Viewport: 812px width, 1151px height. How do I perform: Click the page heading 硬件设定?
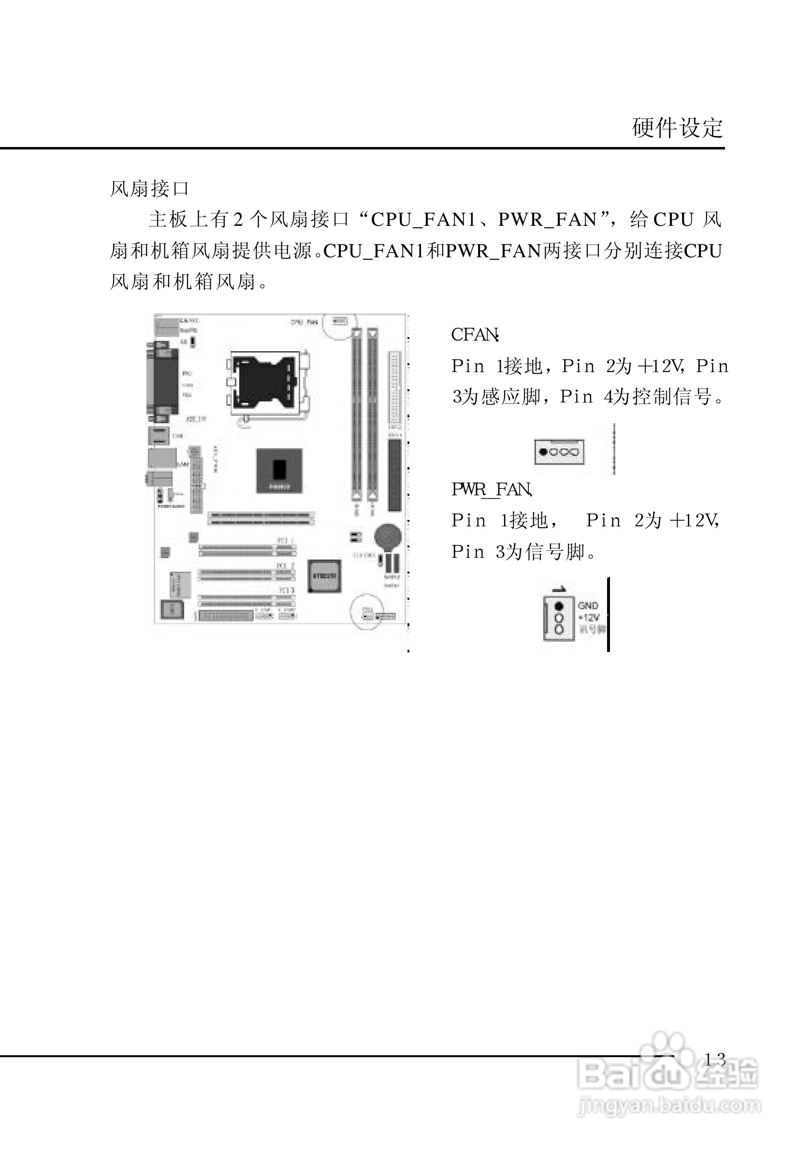pyautogui.click(x=677, y=128)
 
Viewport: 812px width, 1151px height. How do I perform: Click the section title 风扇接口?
pyautogui.click(x=149, y=189)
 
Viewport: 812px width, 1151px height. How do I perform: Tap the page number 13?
pyautogui.click(x=715, y=1059)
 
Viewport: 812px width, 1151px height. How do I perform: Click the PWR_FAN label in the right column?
pyautogui.click(x=492, y=489)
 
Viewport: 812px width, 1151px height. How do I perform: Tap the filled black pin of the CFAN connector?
pyautogui.click(x=543, y=452)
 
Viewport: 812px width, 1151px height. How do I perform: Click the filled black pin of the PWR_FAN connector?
pyautogui.click(x=559, y=606)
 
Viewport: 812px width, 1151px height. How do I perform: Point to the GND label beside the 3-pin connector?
pyautogui.click(x=588, y=605)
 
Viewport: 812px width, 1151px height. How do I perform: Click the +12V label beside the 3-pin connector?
pyautogui.click(x=589, y=618)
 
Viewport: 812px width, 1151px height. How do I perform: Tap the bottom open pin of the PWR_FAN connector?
pyautogui.click(x=559, y=629)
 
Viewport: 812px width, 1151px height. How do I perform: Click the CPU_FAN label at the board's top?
pyautogui.click(x=304, y=322)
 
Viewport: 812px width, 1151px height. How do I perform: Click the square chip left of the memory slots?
pyautogui.click(x=279, y=470)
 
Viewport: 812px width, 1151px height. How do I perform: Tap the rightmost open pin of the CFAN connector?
pyautogui.click(x=575, y=452)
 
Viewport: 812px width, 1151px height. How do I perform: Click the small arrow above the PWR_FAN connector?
pyautogui.click(x=559, y=589)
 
